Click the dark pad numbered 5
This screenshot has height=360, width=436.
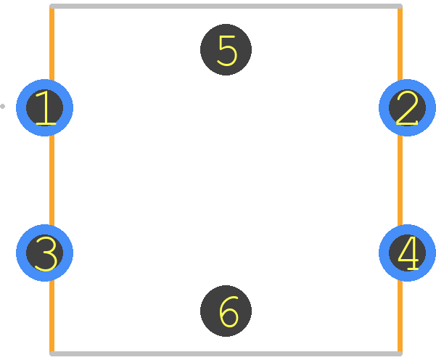click(x=226, y=50)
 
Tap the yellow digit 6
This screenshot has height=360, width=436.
click(x=229, y=311)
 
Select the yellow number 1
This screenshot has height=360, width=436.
click(x=46, y=107)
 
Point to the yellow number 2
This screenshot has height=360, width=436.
click(x=407, y=108)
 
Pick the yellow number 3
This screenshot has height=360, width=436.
click(x=46, y=253)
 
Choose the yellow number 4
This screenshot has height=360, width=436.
click(x=408, y=253)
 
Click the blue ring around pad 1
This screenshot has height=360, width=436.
click(x=21, y=107)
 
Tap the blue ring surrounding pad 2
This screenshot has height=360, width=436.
click(x=384, y=107)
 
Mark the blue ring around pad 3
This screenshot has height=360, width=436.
click(x=21, y=253)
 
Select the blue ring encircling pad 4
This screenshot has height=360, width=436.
click(x=384, y=253)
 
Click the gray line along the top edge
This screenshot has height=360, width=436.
click(x=226, y=6)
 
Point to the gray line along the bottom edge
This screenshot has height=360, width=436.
click(x=226, y=353)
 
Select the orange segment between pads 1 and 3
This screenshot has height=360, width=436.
click(x=52, y=180)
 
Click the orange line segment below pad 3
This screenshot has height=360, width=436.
click(x=52, y=316)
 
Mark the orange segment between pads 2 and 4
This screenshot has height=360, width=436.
click(x=400, y=180)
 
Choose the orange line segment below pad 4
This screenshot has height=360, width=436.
click(x=400, y=316)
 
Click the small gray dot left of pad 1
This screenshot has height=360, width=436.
click(x=2, y=106)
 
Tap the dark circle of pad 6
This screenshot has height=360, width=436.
click(x=226, y=311)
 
